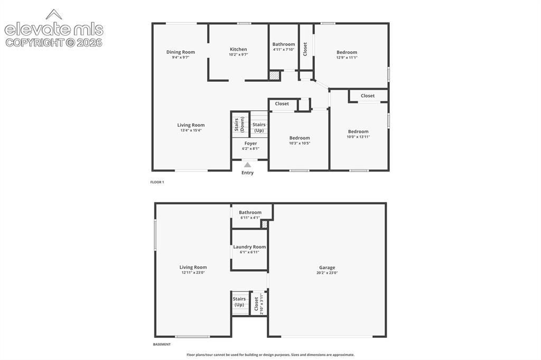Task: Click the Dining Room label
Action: pos(181,52)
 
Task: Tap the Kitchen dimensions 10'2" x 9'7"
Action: pos(238,54)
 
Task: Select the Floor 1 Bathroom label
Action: pos(284,44)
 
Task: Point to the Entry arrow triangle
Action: pos(247,165)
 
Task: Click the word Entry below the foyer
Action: pos(247,173)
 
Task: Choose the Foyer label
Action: pos(250,144)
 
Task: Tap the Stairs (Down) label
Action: pos(239,125)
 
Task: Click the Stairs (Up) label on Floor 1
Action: pos(259,127)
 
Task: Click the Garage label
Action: pos(327,267)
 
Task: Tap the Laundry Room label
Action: pos(249,247)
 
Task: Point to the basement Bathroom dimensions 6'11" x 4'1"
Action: pos(250,217)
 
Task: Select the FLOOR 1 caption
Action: pos(157,182)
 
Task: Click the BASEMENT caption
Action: pos(162,344)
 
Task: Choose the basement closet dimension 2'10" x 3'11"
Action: pos(262,304)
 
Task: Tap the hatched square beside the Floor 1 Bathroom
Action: pos(274,76)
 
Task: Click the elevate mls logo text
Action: pos(54,30)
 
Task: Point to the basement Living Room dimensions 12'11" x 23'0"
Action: pos(193,272)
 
